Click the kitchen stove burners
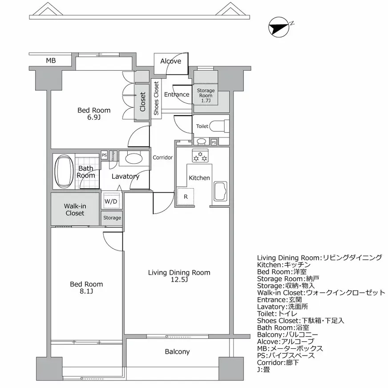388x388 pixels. (x=200, y=156)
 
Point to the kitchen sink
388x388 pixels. (x=221, y=191)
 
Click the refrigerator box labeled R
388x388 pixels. (x=185, y=196)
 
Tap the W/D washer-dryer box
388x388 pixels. (x=111, y=201)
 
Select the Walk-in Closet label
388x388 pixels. (x=75, y=210)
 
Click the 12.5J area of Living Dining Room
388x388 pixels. (x=179, y=280)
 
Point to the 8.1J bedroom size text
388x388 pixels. (x=87, y=291)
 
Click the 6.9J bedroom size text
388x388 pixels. (x=94, y=117)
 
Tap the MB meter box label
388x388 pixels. (x=51, y=61)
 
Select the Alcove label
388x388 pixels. (x=170, y=61)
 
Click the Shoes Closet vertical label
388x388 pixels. (x=156, y=98)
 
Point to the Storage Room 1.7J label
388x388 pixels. (x=206, y=96)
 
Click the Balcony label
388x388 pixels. (x=177, y=352)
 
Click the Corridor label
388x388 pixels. (x=162, y=158)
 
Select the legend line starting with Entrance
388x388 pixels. (x=283, y=300)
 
